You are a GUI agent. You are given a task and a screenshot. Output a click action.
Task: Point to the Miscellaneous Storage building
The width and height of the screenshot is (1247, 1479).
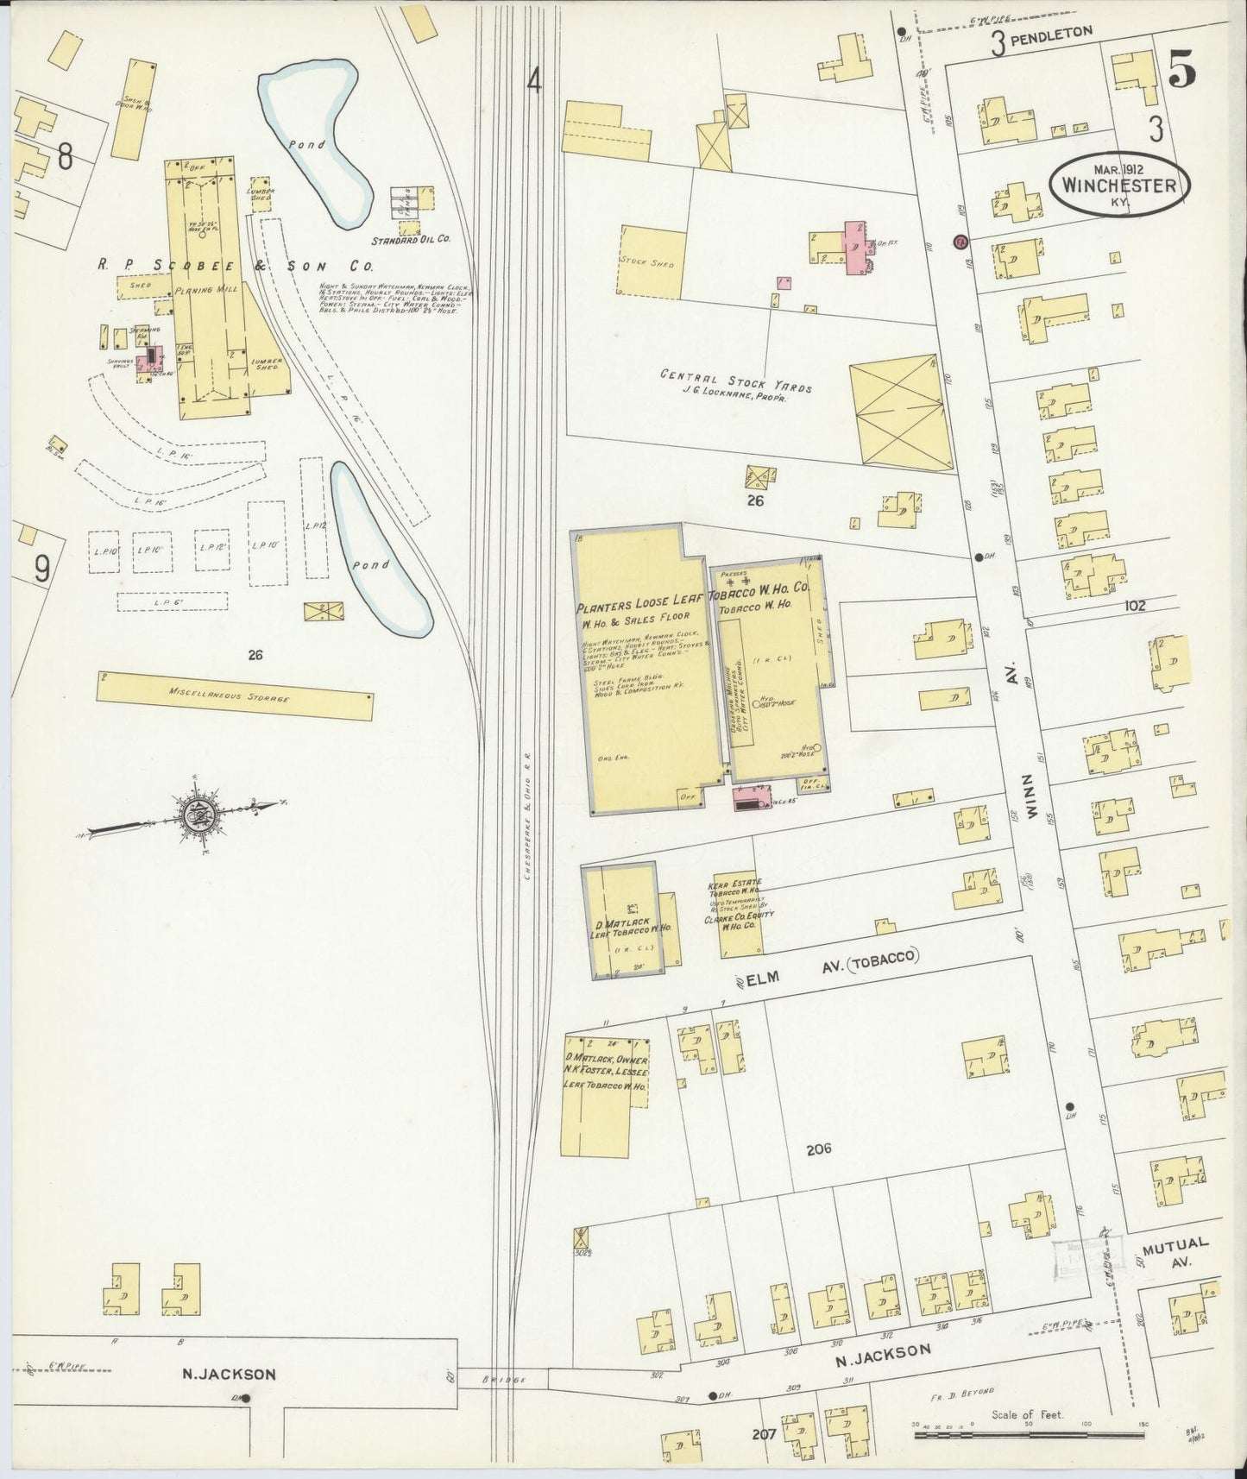(x=235, y=695)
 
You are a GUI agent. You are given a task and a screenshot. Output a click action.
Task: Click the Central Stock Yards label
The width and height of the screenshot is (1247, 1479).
(x=736, y=381)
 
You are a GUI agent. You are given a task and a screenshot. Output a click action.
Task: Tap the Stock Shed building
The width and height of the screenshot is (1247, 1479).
(x=652, y=261)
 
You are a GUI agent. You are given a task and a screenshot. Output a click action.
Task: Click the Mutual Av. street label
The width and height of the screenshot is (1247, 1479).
(x=1174, y=1252)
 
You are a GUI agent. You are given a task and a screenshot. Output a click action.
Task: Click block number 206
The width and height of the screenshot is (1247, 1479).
(x=818, y=1149)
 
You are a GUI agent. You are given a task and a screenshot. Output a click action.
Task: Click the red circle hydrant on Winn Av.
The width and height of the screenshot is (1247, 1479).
(x=959, y=242)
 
